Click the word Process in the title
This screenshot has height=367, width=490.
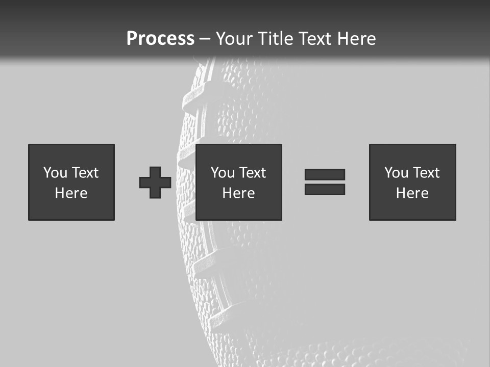tap(160, 38)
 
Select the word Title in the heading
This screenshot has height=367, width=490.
tap(275, 38)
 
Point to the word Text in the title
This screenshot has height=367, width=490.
tap(317, 38)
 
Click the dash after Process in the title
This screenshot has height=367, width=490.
tap(205, 39)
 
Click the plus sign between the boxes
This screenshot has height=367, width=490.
tap(155, 182)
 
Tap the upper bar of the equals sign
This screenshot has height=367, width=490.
tap(325, 174)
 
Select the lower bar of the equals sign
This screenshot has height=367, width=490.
tap(325, 189)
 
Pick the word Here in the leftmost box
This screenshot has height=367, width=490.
tap(71, 193)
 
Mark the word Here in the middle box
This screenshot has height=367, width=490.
tap(238, 193)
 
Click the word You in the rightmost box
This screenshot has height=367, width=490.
tap(397, 173)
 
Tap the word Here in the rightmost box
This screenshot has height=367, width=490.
tap(412, 193)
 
